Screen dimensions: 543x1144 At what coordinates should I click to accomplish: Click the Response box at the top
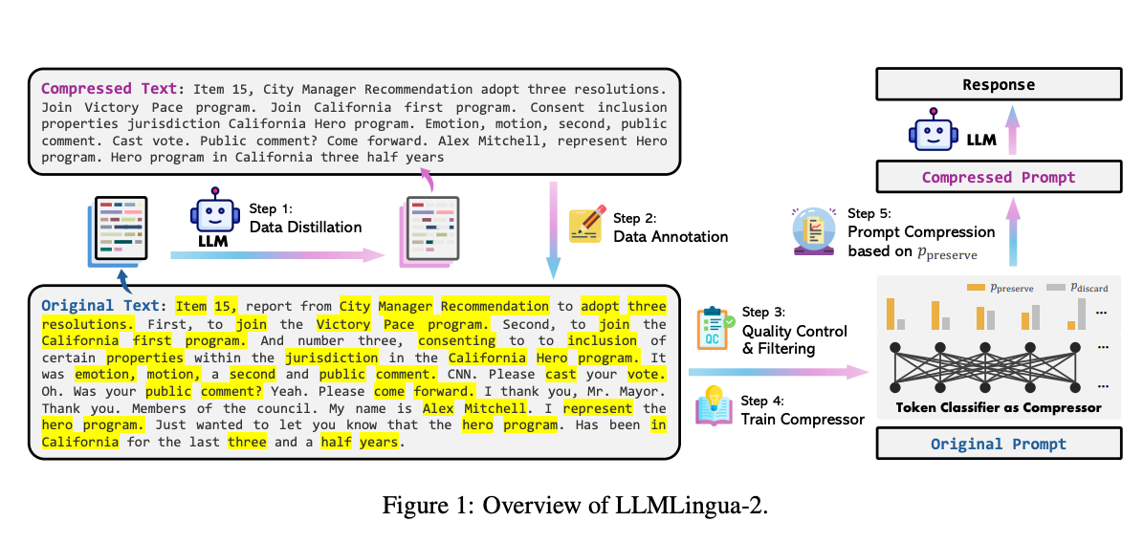[999, 85]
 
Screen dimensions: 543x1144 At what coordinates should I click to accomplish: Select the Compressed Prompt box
[999, 177]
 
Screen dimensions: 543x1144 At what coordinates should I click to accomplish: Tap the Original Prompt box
[999, 444]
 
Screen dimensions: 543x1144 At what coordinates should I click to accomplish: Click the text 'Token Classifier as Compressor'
[999, 408]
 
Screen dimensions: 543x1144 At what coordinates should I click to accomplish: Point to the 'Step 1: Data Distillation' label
[305, 219]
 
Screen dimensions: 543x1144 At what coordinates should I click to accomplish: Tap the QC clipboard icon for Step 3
[714, 326]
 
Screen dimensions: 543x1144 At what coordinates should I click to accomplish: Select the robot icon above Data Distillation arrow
[214, 219]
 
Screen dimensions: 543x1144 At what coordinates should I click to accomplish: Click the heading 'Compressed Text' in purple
[107, 88]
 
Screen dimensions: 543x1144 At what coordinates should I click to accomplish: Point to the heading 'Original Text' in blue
[102, 307]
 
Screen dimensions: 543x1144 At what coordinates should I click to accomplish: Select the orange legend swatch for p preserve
[976, 286]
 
